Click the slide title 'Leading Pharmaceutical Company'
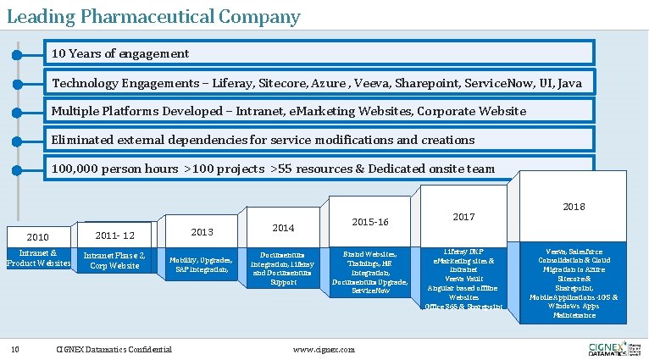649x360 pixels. [153, 16]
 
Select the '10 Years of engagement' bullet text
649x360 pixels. [120, 53]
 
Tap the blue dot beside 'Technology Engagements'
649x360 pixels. [17, 84]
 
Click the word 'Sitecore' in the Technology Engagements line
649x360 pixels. [270, 83]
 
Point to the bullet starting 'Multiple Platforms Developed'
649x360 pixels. [288, 111]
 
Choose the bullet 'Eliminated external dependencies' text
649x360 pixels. [263, 139]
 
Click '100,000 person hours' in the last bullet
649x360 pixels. [115, 169]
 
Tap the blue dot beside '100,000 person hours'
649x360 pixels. [17, 169]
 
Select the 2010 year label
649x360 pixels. [38, 235]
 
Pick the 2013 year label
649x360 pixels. [201, 232]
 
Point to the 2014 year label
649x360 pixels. [283, 228]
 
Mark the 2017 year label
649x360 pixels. [463, 217]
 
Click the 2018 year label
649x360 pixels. [573, 206]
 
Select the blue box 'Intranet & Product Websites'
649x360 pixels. [38, 258]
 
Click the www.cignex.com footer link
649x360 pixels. [324, 349]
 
